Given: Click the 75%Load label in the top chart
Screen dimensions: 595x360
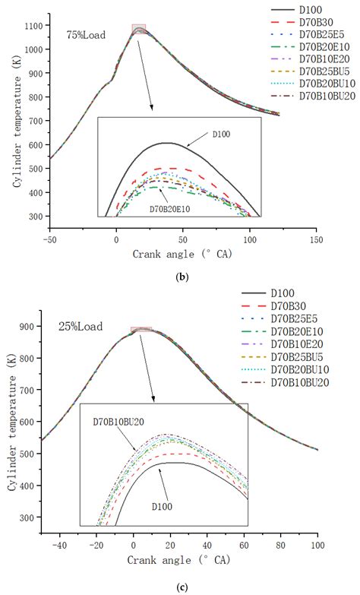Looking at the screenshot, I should [x=86, y=35].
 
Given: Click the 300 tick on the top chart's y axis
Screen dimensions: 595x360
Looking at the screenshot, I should [x=35, y=217].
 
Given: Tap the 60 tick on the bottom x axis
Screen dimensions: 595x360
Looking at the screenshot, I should [x=243, y=544].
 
